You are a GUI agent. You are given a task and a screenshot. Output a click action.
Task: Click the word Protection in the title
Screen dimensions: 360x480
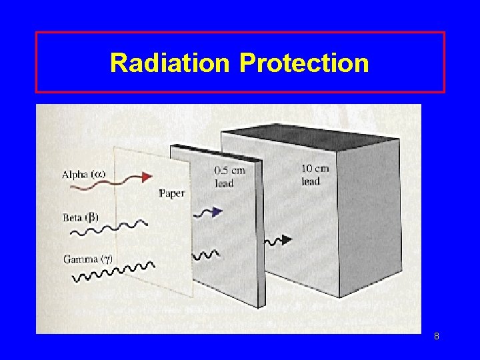tap(303, 63)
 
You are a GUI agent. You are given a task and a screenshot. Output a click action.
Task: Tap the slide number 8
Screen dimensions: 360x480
tap(436, 337)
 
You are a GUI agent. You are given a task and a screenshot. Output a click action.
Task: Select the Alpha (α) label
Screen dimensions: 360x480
tap(83, 175)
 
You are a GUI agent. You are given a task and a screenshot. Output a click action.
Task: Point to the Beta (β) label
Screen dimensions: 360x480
tap(81, 218)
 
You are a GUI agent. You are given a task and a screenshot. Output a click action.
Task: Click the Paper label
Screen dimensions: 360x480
tap(171, 193)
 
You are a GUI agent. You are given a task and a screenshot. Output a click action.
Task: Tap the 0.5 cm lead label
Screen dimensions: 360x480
tap(229, 176)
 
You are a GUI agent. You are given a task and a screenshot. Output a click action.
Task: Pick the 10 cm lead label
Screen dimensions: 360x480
tap(315, 175)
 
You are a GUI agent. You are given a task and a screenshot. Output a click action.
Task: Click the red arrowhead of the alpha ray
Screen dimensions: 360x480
tap(147, 177)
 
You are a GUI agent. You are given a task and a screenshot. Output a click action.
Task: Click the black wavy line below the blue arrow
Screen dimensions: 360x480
tap(205, 255)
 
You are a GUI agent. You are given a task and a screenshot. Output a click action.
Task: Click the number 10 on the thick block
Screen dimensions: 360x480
tap(307, 169)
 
